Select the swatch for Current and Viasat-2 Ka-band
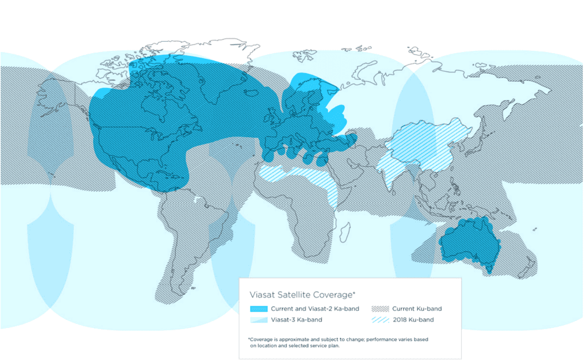point(259,309)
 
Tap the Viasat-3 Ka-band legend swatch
point(259,320)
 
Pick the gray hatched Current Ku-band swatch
point(380,309)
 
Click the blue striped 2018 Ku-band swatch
point(380,320)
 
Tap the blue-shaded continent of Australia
point(468,243)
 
